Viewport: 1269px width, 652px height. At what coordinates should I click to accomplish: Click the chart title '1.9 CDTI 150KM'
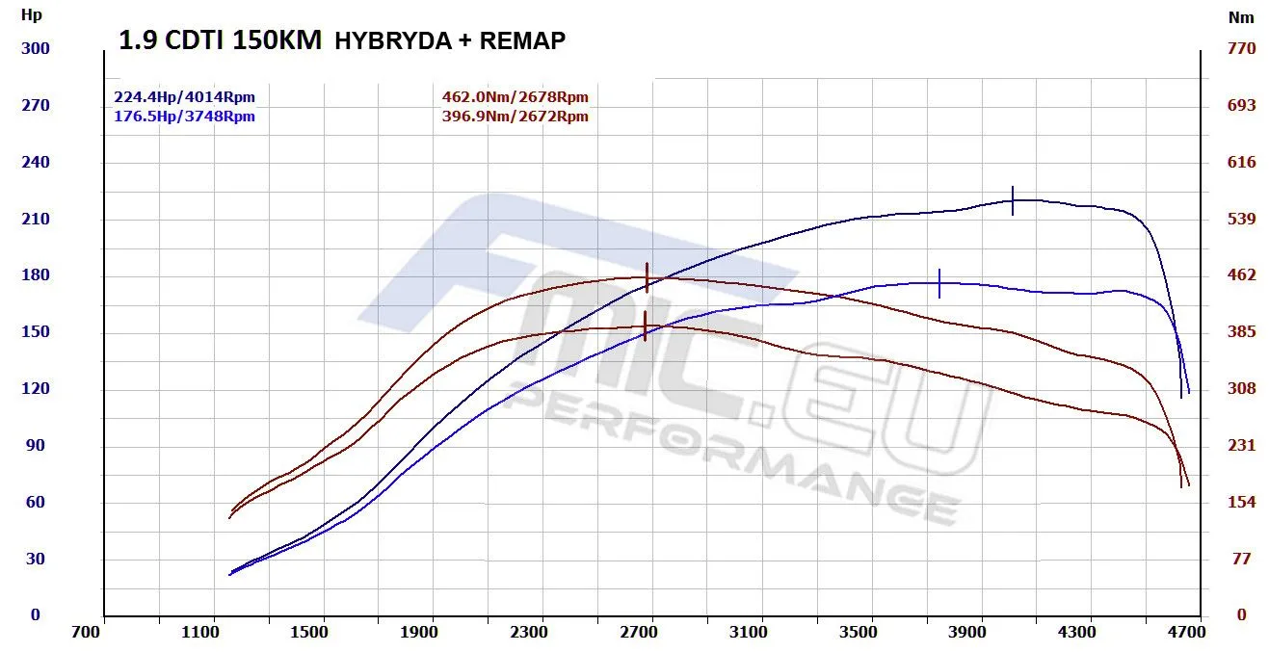pyautogui.click(x=220, y=41)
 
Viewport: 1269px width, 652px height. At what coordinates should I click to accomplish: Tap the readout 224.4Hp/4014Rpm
pyautogui.click(x=184, y=97)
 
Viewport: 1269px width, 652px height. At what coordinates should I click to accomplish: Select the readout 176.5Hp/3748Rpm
pyautogui.click(x=184, y=117)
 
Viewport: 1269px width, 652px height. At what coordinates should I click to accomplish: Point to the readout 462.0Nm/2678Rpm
pyautogui.click(x=515, y=97)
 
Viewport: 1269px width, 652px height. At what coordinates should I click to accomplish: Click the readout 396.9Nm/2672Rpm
pyautogui.click(x=515, y=117)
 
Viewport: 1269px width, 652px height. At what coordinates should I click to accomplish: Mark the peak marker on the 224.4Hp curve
pyautogui.click(x=1013, y=200)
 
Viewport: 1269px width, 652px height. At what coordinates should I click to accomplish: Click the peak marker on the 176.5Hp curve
pyautogui.click(x=939, y=283)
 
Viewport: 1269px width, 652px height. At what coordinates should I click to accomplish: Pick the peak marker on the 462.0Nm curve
pyautogui.click(x=647, y=277)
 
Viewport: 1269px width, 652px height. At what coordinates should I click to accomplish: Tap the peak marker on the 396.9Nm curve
pyautogui.click(x=645, y=326)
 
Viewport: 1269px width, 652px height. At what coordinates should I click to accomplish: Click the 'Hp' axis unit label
pyautogui.click(x=31, y=15)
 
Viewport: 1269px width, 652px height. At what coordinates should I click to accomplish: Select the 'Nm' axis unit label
pyautogui.click(x=1240, y=17)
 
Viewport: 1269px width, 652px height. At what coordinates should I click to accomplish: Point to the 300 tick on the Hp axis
pyautogui.click(x=36, y=48)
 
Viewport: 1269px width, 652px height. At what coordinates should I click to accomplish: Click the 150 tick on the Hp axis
pyautogui.click(x=36, y=332)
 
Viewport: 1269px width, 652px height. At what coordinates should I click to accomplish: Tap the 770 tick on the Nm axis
pyautogui.click(x=1241, y=48)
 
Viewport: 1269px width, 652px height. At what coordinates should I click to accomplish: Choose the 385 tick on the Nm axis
pyautogui.click(x=1241, y=332)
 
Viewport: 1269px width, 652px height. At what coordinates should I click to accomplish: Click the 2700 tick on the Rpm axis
pyautogui.click(x=639, y=632)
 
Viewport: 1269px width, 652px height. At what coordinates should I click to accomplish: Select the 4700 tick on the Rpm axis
pyautogui.click(x=1186, y=632)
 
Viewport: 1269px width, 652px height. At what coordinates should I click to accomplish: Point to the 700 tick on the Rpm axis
pyautogui.click(x=88, y=632)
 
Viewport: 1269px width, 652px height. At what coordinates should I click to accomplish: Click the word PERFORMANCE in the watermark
pyautogui.click(x=732, y=453)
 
